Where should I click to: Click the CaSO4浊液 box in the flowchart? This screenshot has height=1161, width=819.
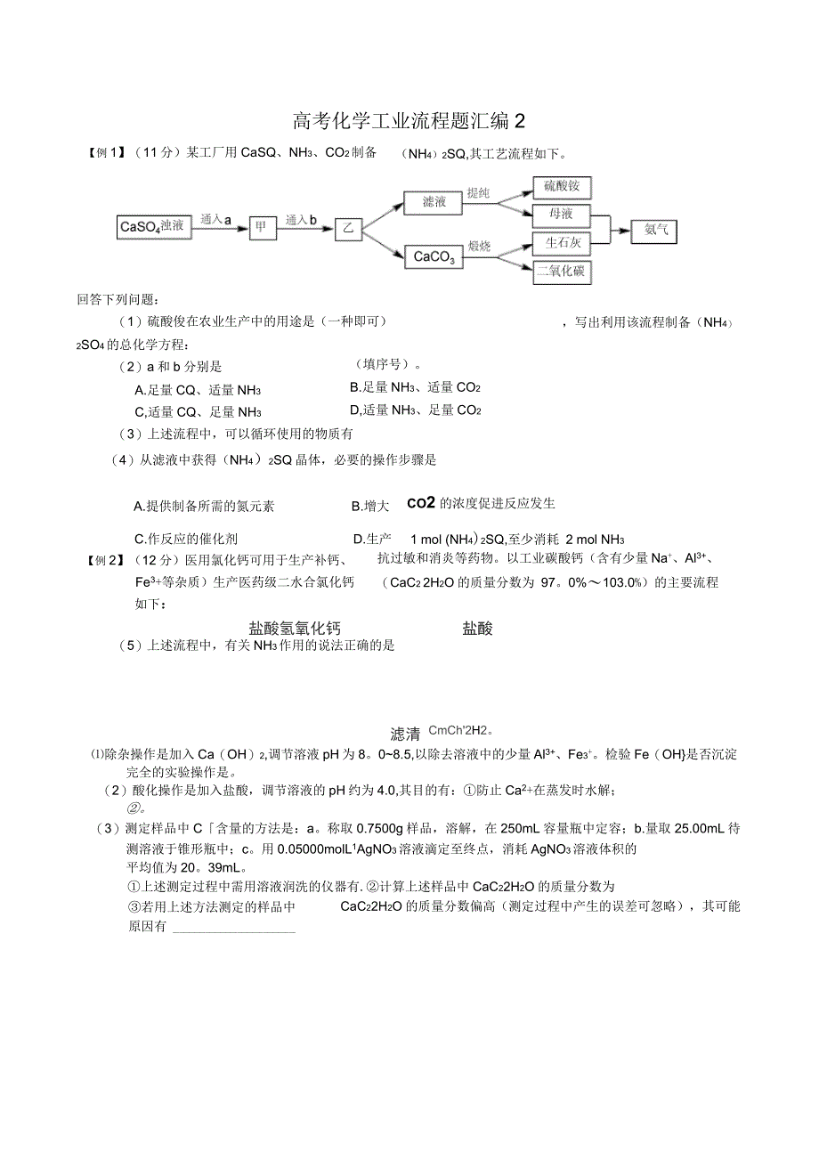(x=154, y=227)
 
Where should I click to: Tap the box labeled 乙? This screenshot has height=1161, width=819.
(x=348, y=231)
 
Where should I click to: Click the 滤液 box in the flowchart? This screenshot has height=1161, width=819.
(x=434, y=202)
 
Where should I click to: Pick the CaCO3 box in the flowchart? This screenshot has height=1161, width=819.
(x=434, y=256)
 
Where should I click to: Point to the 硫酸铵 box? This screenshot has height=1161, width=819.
(x=562, y=188)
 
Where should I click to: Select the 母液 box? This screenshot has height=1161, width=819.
(x=561, y=215)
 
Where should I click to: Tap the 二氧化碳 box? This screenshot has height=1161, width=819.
(x=562, y=272)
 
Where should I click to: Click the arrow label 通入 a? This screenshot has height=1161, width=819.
(x=216, y=219)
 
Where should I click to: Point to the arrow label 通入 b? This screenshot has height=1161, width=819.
(x=302, y=219)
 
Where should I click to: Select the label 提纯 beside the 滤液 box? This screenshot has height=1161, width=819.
(x=479, y=192)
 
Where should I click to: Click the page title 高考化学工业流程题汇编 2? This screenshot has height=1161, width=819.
(x=409, y=120)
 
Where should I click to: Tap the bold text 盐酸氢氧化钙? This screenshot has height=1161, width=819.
(x=295, y=628)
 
